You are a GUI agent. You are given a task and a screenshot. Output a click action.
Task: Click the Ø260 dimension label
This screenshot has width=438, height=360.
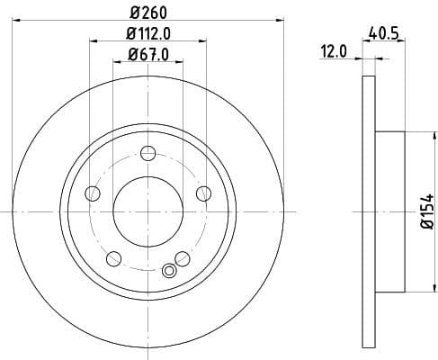pyautogui.click(x=147, y=13)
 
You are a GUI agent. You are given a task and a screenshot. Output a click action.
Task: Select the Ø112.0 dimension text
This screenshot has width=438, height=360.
pyautogui.click(x=147, y=35)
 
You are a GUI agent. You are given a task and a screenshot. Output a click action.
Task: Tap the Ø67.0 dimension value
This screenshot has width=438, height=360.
pyautogui.click(x=147, y=56)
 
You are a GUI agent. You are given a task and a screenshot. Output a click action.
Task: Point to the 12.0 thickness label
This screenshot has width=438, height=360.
pyautogui.click(x=335, y=52)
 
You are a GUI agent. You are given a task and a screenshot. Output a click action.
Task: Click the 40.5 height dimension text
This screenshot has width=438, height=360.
pyautogui.click(x=385, y=33)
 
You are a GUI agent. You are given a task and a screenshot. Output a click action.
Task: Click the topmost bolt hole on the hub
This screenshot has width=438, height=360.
pyautogui.click(x=147, y=154)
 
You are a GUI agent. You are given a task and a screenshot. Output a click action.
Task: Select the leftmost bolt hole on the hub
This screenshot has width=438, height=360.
pyautogui.click(x=92, y=193)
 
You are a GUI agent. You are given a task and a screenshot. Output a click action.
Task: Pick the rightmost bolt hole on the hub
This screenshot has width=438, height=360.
pyautogui.click(x=203, y=193)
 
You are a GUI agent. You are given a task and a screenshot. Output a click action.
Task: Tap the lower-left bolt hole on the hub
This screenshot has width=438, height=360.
pyautogui.click(x=113, y=259)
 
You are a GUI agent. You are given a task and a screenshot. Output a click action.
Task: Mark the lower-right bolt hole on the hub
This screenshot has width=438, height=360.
pyautogui.click(x=182, y=259)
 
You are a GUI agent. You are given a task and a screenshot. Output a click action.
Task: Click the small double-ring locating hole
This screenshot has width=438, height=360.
pyautogui.click(x=167, y=271)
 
